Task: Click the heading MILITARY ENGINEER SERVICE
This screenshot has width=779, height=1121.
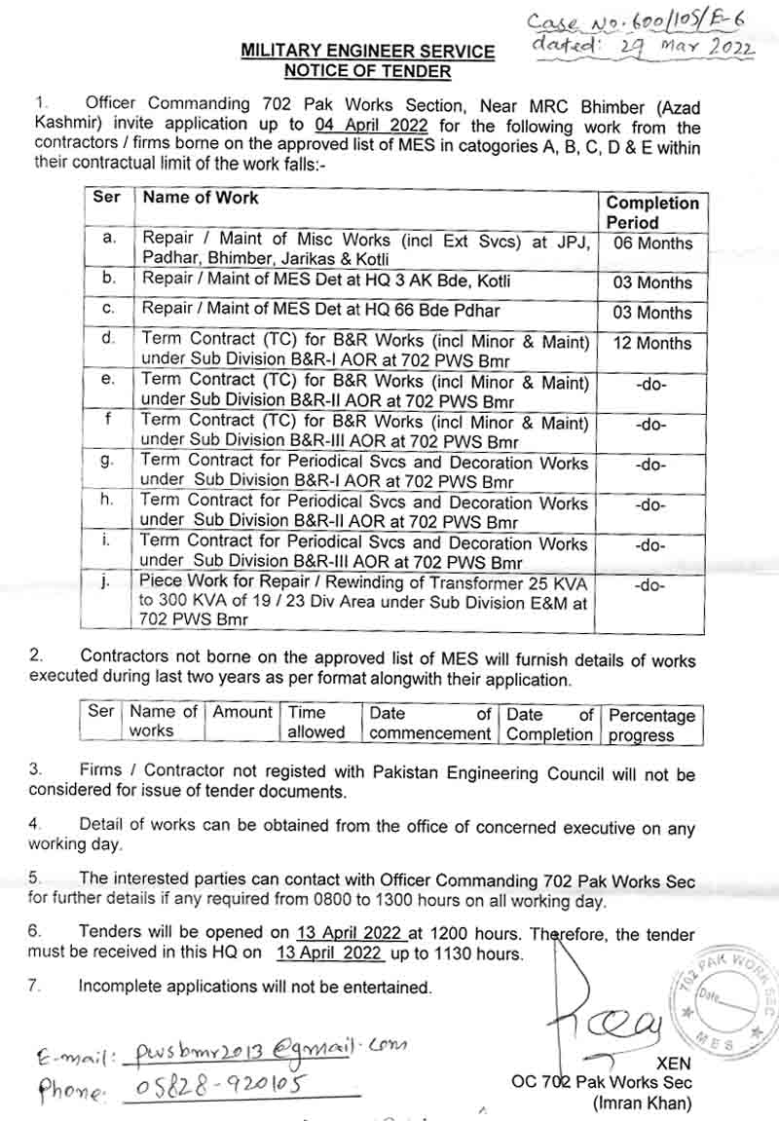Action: click(368, 52)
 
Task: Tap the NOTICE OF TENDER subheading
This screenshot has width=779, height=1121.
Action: click(367, 71)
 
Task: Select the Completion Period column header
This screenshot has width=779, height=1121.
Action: click(652, 211)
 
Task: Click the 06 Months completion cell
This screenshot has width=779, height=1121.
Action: click(652, 243)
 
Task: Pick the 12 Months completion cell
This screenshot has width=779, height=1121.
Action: click(652, 343)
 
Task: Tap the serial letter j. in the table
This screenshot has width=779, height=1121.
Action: click(108, 582)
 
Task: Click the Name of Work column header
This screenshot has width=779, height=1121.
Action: click(201, 197)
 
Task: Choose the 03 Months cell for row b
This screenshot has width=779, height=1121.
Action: click(652, 283)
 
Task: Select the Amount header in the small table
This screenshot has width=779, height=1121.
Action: click(242, 713)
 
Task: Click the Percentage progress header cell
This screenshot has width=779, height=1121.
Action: click(652, 725)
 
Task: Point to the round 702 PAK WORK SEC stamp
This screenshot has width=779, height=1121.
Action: click(723, 1004)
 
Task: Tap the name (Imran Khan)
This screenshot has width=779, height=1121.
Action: click(643, 1103)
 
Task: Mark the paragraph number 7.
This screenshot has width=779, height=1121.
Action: click(34, 986)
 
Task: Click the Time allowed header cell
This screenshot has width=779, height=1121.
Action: click(316, 723)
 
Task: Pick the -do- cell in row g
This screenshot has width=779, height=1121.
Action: click(650, 466)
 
